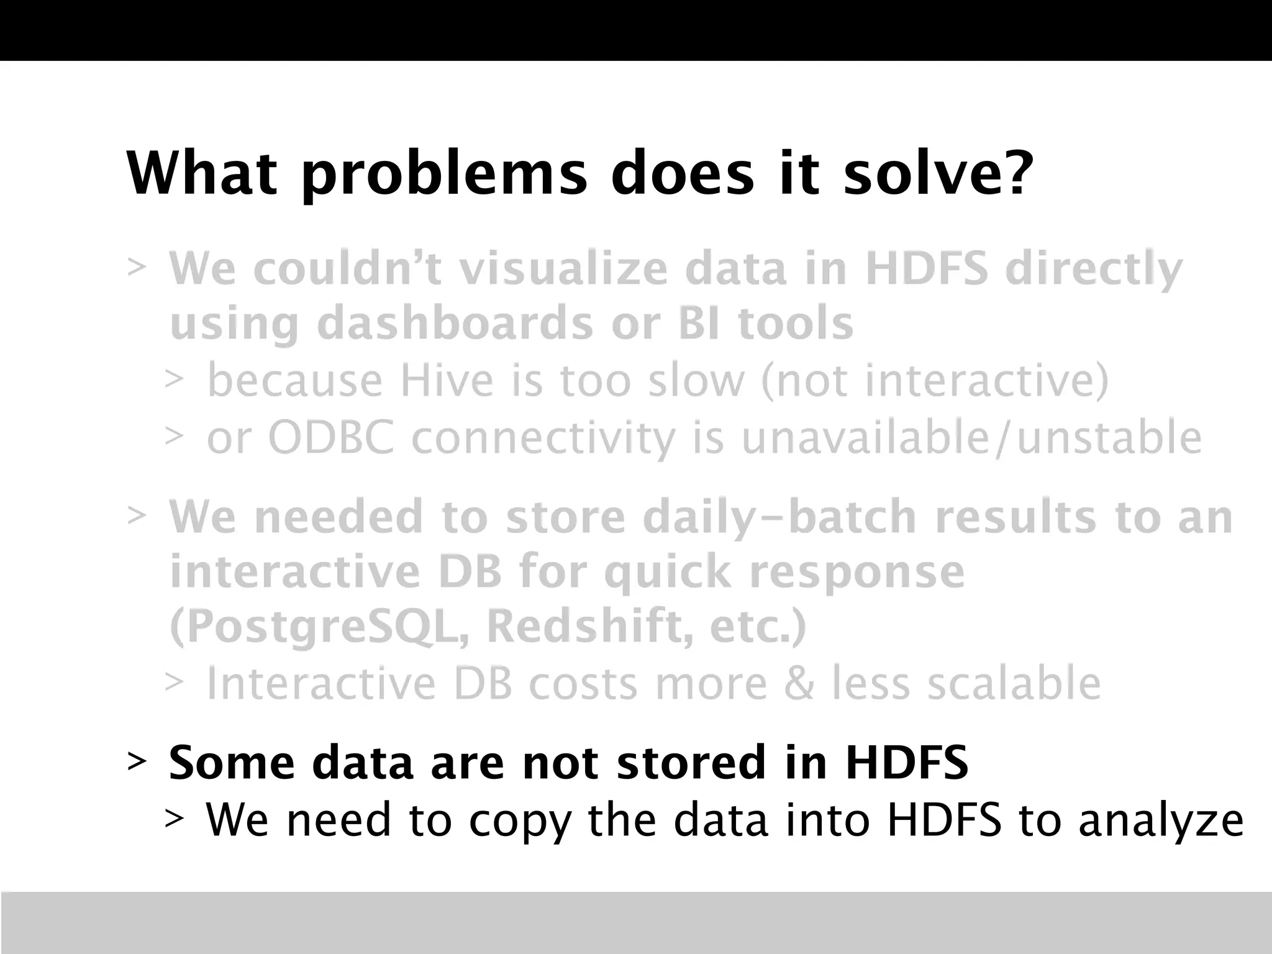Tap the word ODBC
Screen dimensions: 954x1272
[330, 438]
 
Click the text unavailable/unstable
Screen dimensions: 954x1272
[971, 438]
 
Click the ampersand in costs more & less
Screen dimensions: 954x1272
[799, 683]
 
